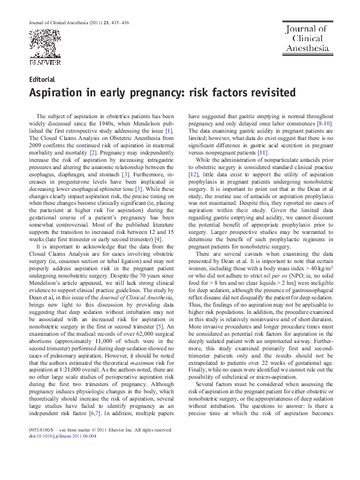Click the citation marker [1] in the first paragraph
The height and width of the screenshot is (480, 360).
tap(170, 130)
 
